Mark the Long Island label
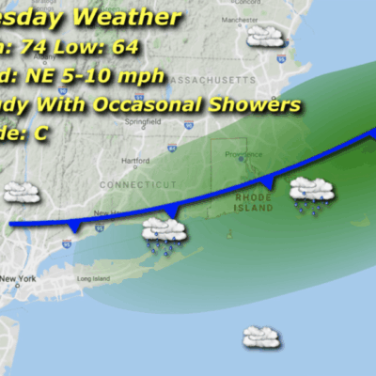pos(93,278)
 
